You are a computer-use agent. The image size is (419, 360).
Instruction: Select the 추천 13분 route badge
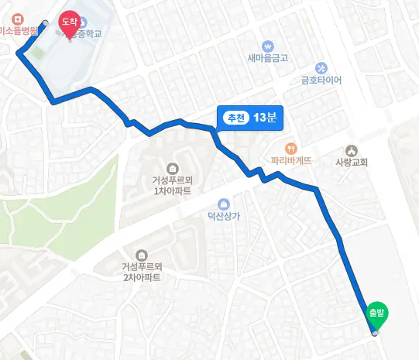(250, 118)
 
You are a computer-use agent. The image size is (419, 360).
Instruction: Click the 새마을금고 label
(268, 58)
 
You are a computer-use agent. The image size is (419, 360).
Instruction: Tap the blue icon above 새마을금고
(268, 45)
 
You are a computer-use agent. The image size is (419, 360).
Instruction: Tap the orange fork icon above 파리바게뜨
(291, 147)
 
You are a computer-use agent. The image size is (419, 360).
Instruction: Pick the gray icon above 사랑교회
(352, 150)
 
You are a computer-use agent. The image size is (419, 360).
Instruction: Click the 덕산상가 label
(224, 216)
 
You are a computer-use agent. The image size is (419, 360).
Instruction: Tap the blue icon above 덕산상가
(224, 203)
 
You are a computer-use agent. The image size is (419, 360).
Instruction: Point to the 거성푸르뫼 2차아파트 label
(142, 272)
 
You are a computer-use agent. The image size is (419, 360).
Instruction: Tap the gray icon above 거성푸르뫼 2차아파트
(142, 254)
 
